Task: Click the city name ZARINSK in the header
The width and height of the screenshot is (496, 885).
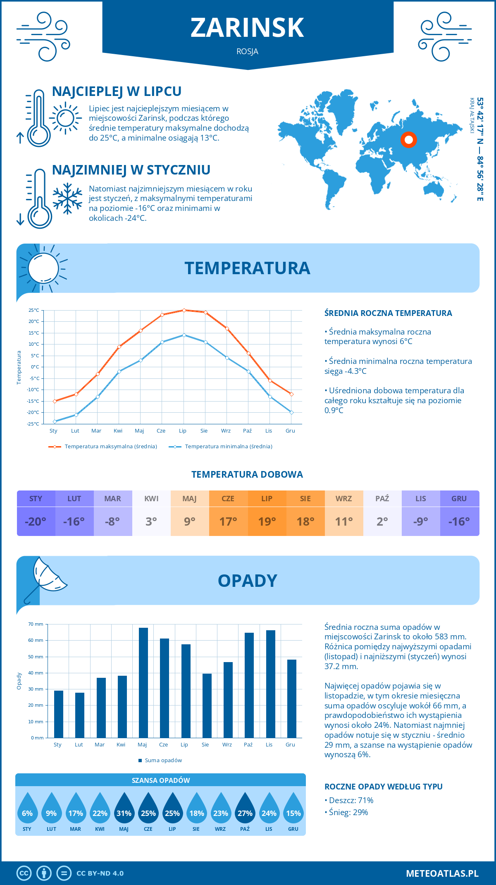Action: tap(247, 28)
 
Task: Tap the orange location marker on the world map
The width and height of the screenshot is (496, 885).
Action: tap(408, 140)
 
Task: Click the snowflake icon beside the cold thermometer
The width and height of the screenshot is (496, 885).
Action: tap(67, 199)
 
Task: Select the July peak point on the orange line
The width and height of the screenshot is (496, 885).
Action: tap(184, 310)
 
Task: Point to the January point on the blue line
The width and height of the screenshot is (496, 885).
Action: tap(55, 421)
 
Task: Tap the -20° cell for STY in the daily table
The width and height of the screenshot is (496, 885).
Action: tap(36, 521)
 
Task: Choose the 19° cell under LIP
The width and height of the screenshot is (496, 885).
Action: tap(267, 521)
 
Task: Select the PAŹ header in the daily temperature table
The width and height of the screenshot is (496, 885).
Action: tap(382, 499)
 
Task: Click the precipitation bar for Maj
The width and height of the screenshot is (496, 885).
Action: tap(143, 682)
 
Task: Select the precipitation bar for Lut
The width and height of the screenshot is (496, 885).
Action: tap(80, 715)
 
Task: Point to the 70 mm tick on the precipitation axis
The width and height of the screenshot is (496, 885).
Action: tap(36, 624)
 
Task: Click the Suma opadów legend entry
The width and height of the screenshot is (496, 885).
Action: tap(163, 761)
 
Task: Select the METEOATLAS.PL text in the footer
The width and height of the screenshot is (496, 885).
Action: tap(442, 873)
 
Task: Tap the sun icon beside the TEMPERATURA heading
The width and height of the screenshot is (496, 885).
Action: tap(43, 268)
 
